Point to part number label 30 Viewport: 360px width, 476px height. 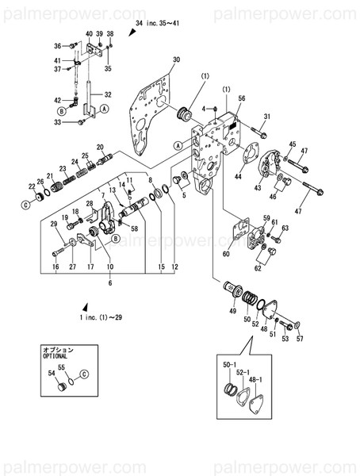[x=176, y=60]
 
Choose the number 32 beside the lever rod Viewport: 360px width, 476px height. [x=109, y=94]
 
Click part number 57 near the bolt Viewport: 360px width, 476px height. [x=299, y=340]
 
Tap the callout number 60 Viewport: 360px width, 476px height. [x=226, y=254]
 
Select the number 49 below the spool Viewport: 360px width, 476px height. [x=232, y=312]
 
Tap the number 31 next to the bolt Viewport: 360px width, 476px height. [x=266, y=117]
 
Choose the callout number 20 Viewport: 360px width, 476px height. [x=101, y=148]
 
